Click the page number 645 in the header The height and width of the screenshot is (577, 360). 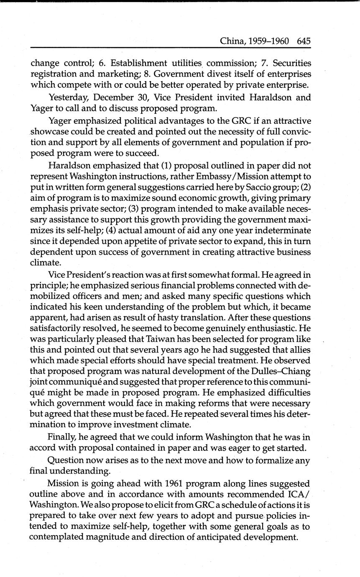tap(304, 41)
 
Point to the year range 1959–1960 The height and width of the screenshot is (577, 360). tap(270, 41)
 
